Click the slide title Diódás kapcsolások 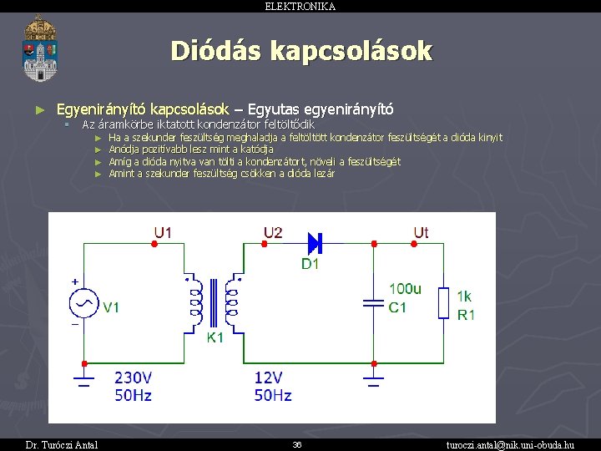[x=301, y=52]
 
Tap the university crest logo [x=40, y=48]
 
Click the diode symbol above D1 [x=314, y=243]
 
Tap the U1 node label [x=163, y=232]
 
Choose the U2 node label [x=273, y=232]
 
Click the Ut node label [x=421, y=232]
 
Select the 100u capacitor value [x=405, y=290]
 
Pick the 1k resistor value [x=464, y=296]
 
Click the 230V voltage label [x=133, y=378]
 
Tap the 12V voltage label [x=270, y=378]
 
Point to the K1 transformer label [x=215, y=338]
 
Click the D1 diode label [x=311, y=264]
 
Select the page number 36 [x=297, y=444]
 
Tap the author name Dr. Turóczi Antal [x=62, y=444]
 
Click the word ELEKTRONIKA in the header [x=300, y=6]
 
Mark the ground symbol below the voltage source [x=83, y=383]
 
